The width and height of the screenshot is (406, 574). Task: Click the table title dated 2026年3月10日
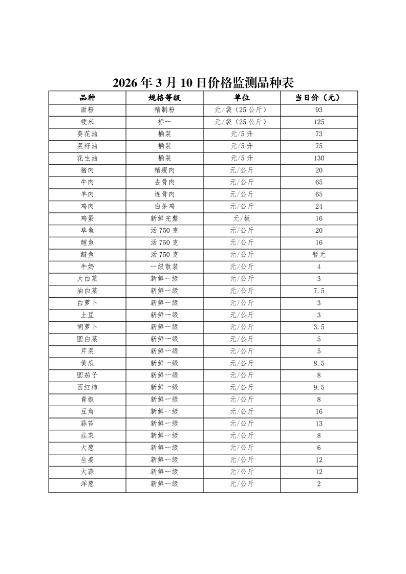click(x=203, y=82)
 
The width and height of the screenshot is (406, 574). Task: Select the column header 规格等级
click(x=164, y=98)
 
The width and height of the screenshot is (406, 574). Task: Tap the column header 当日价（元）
click(x=318, y=98)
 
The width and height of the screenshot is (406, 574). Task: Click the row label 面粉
click(x=87, y=110)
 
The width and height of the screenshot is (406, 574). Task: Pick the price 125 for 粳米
click(x=318, y=122)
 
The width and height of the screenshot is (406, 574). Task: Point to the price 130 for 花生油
click(x=318, y=158)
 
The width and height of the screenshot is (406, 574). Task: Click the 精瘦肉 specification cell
click(x=164, y=170)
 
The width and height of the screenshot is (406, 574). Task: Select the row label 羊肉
click(x=87, y=194)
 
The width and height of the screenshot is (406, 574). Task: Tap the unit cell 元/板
click(x=242, y=218)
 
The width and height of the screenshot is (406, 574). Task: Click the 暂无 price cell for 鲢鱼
click(x=318, y=255)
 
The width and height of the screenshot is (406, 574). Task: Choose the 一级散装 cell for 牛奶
click(x=164, y=267)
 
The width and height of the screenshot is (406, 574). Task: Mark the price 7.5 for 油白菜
click(x=318, y=291)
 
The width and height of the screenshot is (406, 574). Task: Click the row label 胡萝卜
click(x=87, y=327)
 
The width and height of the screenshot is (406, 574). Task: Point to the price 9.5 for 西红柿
click(x=318, y=387)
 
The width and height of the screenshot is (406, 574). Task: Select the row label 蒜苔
click(x=87, y=424)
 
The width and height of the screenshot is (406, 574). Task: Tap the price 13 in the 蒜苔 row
click(x=318, y=424)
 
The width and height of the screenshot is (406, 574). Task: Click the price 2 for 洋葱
click(x=318, y=484)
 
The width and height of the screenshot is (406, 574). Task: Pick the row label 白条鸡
click(x=164, y=207)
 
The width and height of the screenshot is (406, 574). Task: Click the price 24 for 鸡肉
click(x=318, y=207)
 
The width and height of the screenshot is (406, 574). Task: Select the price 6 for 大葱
click(x=318, y=448)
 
